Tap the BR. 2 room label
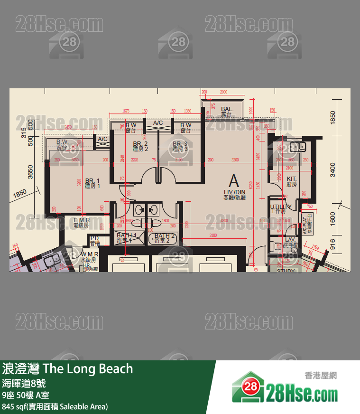coord(140,146)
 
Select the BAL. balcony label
coord(227,112)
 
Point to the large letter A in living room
coord(233,181)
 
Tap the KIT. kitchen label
coord(292,181)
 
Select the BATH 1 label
coord(127,238)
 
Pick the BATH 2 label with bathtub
coord(165,238)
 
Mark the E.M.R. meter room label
coord(82,223)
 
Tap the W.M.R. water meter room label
coord(89,258)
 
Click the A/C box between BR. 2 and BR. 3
coord(157,123)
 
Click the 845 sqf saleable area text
coord(55,407)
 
